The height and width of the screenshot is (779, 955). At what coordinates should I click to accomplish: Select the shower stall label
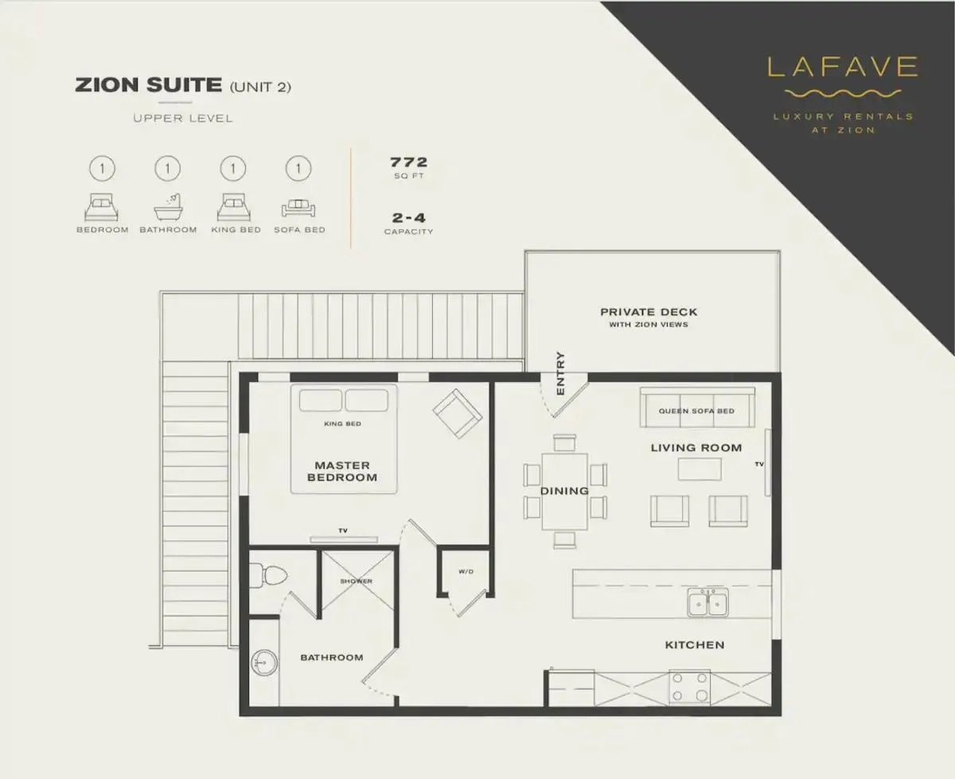tap(356, 582)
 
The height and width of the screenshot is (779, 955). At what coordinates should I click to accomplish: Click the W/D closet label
tap(465, 571)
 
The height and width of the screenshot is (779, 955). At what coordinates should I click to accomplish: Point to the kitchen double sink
tap(707, 603)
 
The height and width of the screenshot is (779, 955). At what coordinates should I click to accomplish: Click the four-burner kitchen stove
tap(689, 687)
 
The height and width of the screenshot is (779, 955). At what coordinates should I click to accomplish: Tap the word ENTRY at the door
tap(560, 373)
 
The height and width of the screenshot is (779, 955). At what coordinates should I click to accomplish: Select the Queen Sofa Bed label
tap(696, 411)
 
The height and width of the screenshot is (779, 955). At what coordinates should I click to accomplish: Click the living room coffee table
tap(700, 469)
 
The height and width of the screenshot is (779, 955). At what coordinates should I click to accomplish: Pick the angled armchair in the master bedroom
tap(457, 412)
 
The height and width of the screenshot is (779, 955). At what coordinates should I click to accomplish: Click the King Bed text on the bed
tap(343, 424)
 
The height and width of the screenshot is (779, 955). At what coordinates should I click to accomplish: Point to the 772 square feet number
tap(408, 162)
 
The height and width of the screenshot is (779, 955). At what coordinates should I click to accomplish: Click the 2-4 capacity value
tap(408, 216)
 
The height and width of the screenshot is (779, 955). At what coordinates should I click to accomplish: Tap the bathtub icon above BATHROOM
tap(168, 208)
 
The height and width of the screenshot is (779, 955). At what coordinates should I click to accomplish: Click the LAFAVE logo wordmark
tap(843, 67)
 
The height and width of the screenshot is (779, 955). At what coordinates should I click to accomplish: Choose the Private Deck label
tap(649, 313)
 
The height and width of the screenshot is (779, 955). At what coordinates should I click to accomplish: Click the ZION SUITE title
tap(148, 85)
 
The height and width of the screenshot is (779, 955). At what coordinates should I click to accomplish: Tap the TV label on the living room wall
tap(759, 464)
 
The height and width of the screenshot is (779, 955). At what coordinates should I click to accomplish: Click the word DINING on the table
tap(564, 491)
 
